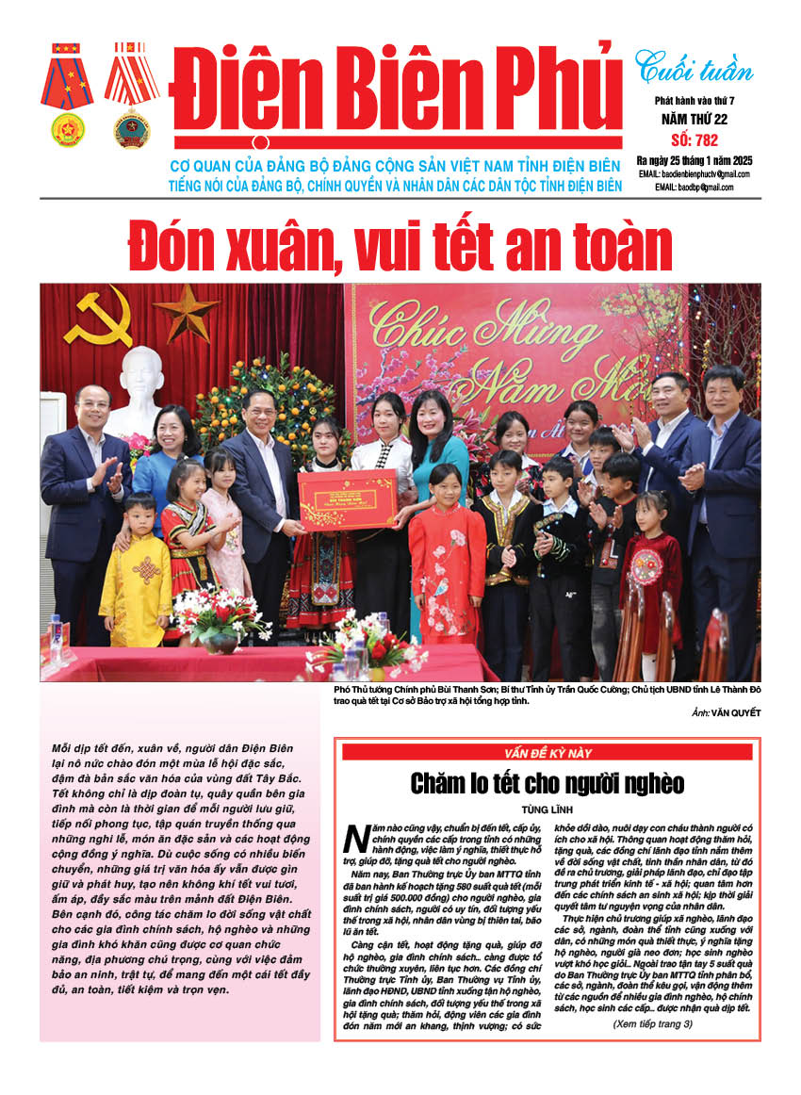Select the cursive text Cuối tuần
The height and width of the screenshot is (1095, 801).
[694, 67]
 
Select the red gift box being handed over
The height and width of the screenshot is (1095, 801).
[347, 499]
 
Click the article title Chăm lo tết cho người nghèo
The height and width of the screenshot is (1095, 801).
[547, 783]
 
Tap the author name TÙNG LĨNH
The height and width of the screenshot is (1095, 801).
[547, 809]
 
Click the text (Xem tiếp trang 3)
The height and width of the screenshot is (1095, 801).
[652, 1023]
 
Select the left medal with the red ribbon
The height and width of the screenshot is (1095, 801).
[67, 94]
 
